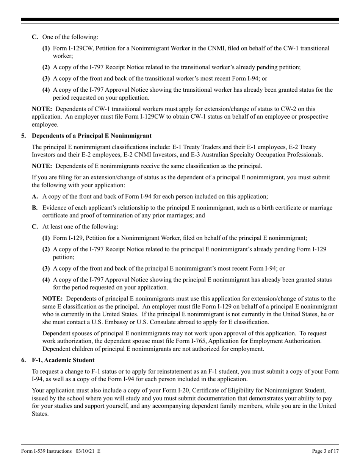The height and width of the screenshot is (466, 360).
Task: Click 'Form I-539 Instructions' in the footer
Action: click(x=47, y=451)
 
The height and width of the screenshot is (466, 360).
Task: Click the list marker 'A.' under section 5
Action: click(x=35, y=197)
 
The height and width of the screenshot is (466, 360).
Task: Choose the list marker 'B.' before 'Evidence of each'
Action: click(x=35, y=208)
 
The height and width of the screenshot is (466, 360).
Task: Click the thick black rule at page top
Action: click(x=180, y=20)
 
